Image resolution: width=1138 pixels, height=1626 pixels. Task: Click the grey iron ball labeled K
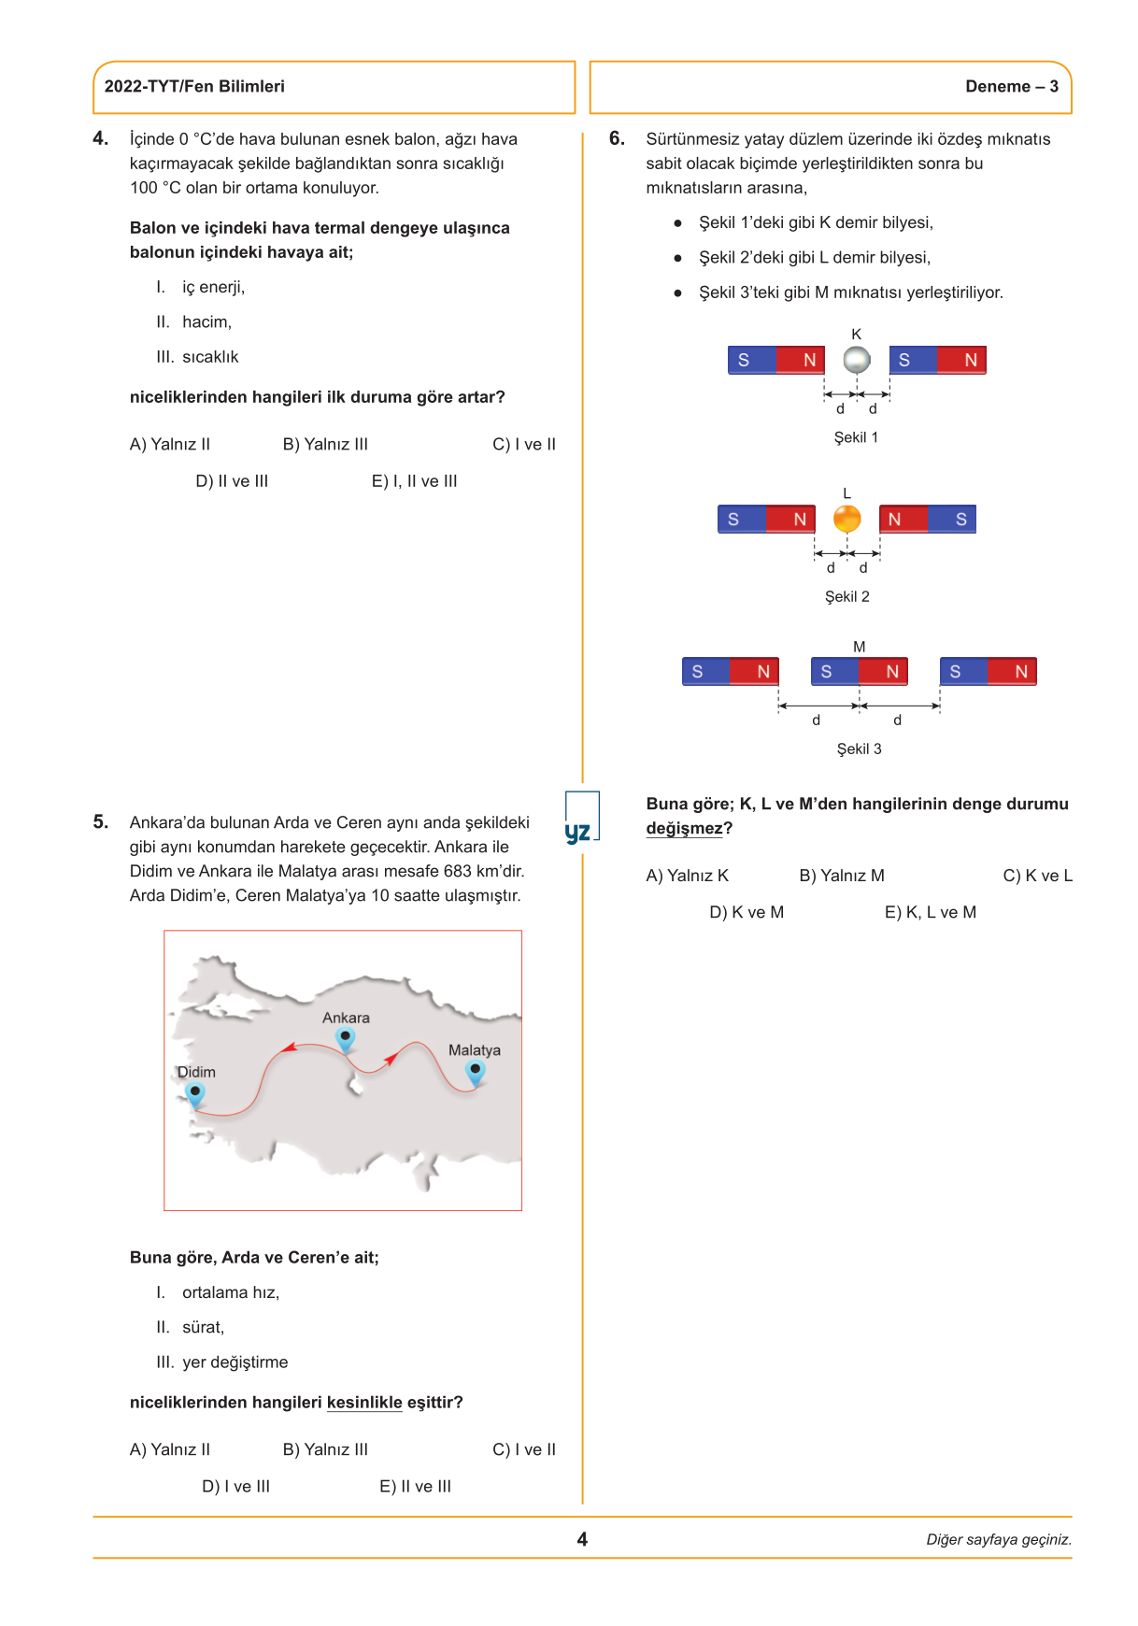(x=857, y=360)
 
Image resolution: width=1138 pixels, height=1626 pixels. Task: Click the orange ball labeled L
(x=846, y=519)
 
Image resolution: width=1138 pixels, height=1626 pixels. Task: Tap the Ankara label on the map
(x=346, y=1018)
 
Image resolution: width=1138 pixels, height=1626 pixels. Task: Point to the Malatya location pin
(x=476, y=1072)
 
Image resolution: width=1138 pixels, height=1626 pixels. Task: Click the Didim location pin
(x=194, y=1093)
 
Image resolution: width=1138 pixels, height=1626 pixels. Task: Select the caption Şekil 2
(x=846, y=596)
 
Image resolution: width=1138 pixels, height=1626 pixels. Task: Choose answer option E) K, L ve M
(x=930, y=912)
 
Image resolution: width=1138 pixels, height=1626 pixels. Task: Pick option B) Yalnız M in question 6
(x=841, y=876)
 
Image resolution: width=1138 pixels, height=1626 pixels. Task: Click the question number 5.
(x=101, y=822)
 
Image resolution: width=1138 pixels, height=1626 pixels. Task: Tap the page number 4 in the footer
(x=582, y=1539)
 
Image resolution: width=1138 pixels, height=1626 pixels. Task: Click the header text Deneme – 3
(x=1011, y=87)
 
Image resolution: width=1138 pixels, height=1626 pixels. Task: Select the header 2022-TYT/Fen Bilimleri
(x=194, y=87)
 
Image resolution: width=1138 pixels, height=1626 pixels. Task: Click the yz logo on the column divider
(x=578, y=831)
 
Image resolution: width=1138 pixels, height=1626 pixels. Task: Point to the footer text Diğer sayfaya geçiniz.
(x=998, y=1540)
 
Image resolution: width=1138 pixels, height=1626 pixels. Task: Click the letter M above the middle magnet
(x=859, y=647)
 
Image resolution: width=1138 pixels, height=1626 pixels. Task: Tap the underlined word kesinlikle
(x=364, y=1403)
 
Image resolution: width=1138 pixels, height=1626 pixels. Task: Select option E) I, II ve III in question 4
(x=414, y=481)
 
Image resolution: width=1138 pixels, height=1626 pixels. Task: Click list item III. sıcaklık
(x=198, y=357)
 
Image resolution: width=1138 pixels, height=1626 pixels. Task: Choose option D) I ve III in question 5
(x=235, y=1487)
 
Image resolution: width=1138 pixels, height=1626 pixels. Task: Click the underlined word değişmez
(x=684, y=829)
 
